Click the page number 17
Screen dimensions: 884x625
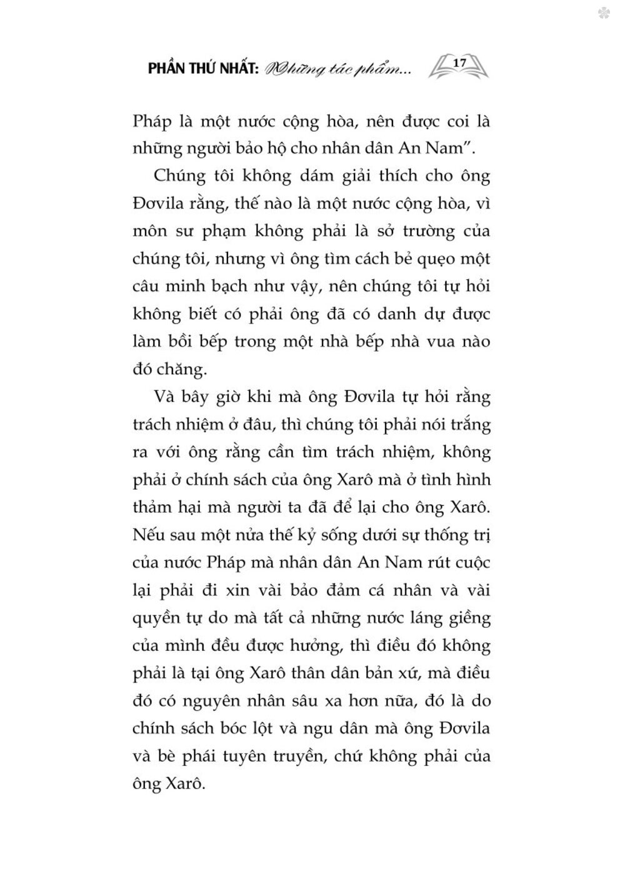tap(459, 63)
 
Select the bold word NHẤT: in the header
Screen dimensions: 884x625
tap(234, 69)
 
